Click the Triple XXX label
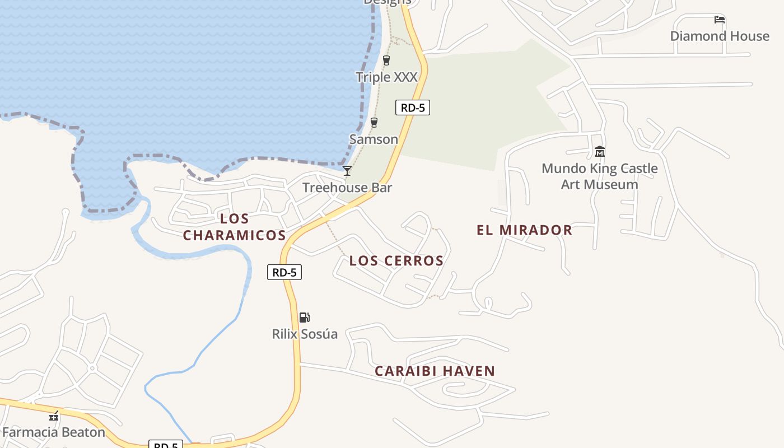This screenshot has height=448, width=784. point(386,77)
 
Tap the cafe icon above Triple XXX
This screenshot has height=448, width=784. point(386,60)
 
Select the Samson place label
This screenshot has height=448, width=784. point(374,139)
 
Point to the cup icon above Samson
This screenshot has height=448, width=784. point(374,122)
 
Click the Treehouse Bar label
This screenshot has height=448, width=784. point(347,188)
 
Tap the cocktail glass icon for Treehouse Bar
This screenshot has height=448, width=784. point(347,170)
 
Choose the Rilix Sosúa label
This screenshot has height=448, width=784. point(305,334)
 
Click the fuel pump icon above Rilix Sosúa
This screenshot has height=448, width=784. point(304,318)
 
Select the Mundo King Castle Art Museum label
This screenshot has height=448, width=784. point(600,176)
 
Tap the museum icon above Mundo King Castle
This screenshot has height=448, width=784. point(600,151)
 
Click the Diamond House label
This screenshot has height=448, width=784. point(720,36)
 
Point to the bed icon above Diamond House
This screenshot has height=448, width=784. point(720,20)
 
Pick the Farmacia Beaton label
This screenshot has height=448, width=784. point(54,432)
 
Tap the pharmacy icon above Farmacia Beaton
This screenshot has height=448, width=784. point(54,416)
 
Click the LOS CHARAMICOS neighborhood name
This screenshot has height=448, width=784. point(235,227)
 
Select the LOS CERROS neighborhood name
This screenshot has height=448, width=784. point(396,260)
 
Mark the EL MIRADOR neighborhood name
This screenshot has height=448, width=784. point(524,230)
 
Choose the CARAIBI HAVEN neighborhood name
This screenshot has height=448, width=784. point(435,371)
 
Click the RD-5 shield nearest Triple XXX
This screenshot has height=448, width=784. point(413,108)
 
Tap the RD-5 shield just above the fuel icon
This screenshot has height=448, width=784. point(284,272)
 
